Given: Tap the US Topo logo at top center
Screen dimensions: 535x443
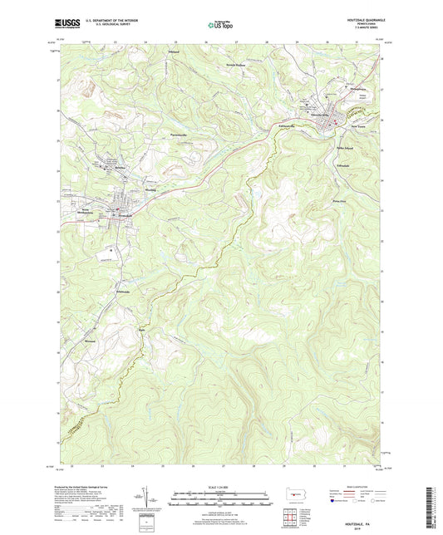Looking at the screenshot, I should (x=219, y=24).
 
